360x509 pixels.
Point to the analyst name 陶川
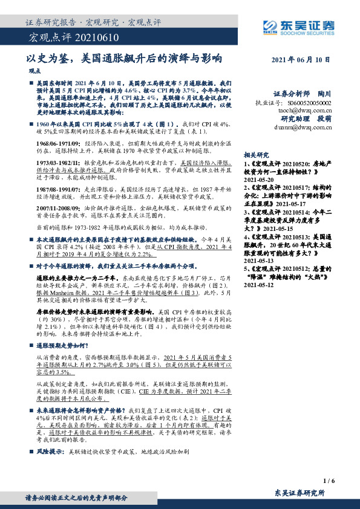(x=324, y=94)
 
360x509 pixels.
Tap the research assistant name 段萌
(x=324, y=119)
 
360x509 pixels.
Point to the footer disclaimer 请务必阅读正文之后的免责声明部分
(x=76, y=498)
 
